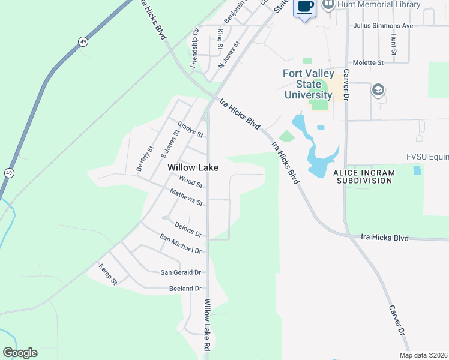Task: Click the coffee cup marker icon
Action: pyautogui.click(x=304, y=7)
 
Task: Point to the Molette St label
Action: pyautogui.click(x=369, y=62)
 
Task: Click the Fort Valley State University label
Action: pyautogui.click(x=307, y=85)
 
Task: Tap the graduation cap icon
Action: pyautogui.click(x=378, y=91)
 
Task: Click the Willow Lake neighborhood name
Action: pyautogui.click(x=193, y=167)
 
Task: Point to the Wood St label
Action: pyautogui.click(x=191, y=181)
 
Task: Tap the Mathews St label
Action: pyautogui.click(x=186, y=197)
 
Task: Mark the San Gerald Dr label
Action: pyautogui.click(x=181, y=272)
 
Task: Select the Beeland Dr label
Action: pyautogui.click(x=185, y=289)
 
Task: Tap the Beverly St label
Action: pyautogui.click(x=145, y=158)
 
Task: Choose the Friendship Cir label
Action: pyautogui.click(x=194, y=47)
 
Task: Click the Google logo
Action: pyautogui.click(x=20, y=353)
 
